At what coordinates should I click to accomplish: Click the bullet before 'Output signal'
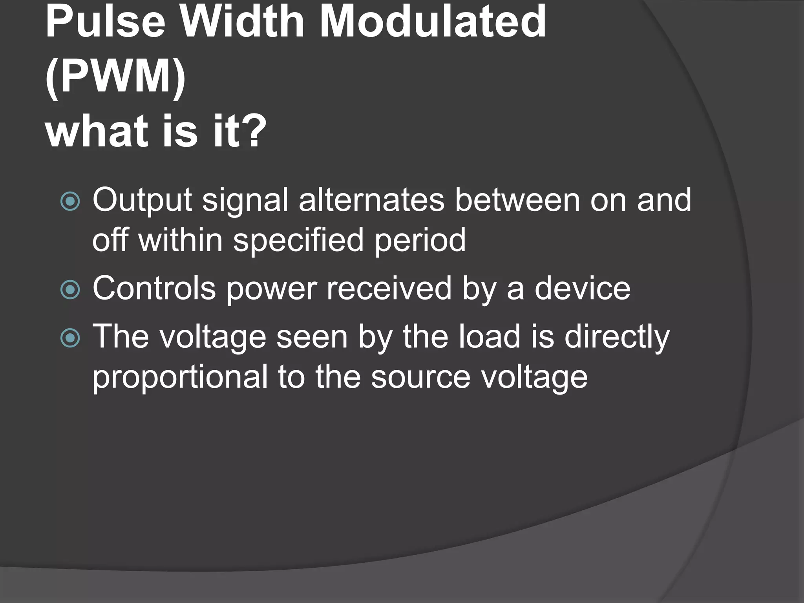tap(71, 201)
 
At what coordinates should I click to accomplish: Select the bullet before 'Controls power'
tap(71, 290)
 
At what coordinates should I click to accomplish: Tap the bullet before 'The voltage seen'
tap(71, 338)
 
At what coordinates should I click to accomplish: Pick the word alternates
tap(371, 200)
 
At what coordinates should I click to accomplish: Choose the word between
tap(517, 200)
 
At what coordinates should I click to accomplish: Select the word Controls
tap(154, 289)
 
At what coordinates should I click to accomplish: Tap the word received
tap(389, 289)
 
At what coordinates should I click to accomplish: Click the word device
tap(583, 289)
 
